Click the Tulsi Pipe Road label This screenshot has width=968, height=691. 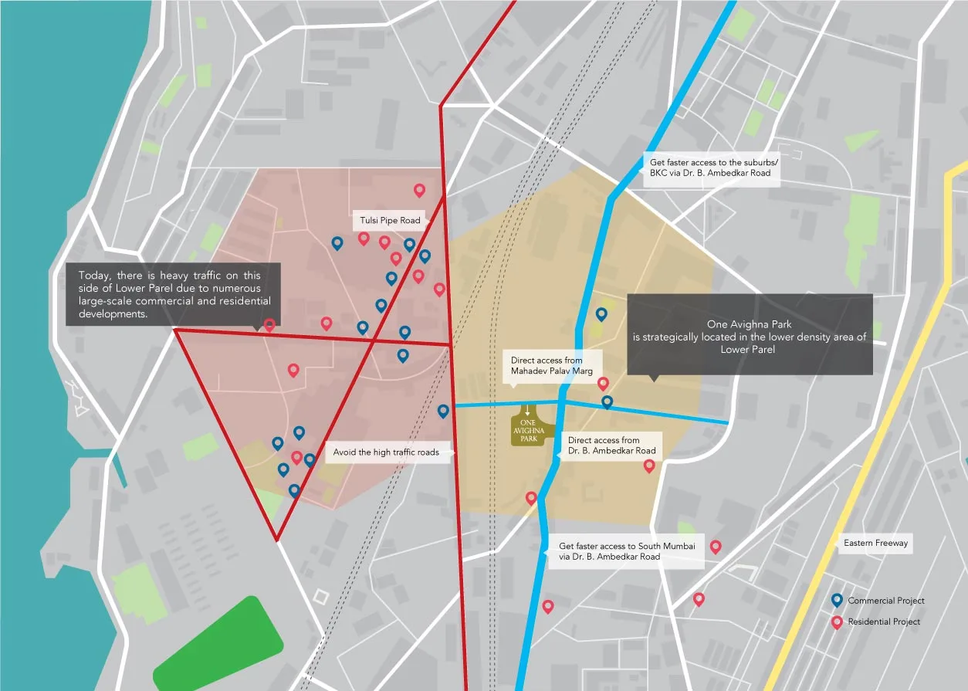click(390, 221)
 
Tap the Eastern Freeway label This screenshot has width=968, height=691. click(875, 544)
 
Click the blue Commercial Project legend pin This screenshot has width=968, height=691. click(836, 600)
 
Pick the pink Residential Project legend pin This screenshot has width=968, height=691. click(836, 622)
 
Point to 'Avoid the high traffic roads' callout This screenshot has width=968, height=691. click(387, 452)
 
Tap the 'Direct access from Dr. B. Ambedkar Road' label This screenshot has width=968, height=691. click(611, 445)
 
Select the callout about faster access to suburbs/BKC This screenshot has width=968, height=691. click(709, 168)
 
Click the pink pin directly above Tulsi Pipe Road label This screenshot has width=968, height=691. click(419, 190)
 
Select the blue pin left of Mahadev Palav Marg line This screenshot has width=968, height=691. click(443, 412)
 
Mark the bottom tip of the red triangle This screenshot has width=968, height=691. click(276, 539)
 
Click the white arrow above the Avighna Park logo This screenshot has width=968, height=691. click(528, 411)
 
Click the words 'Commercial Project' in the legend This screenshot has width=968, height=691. click(885, 601)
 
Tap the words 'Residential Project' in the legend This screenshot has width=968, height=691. click(884, 622)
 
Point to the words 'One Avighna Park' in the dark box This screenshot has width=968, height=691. click(749, 324)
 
